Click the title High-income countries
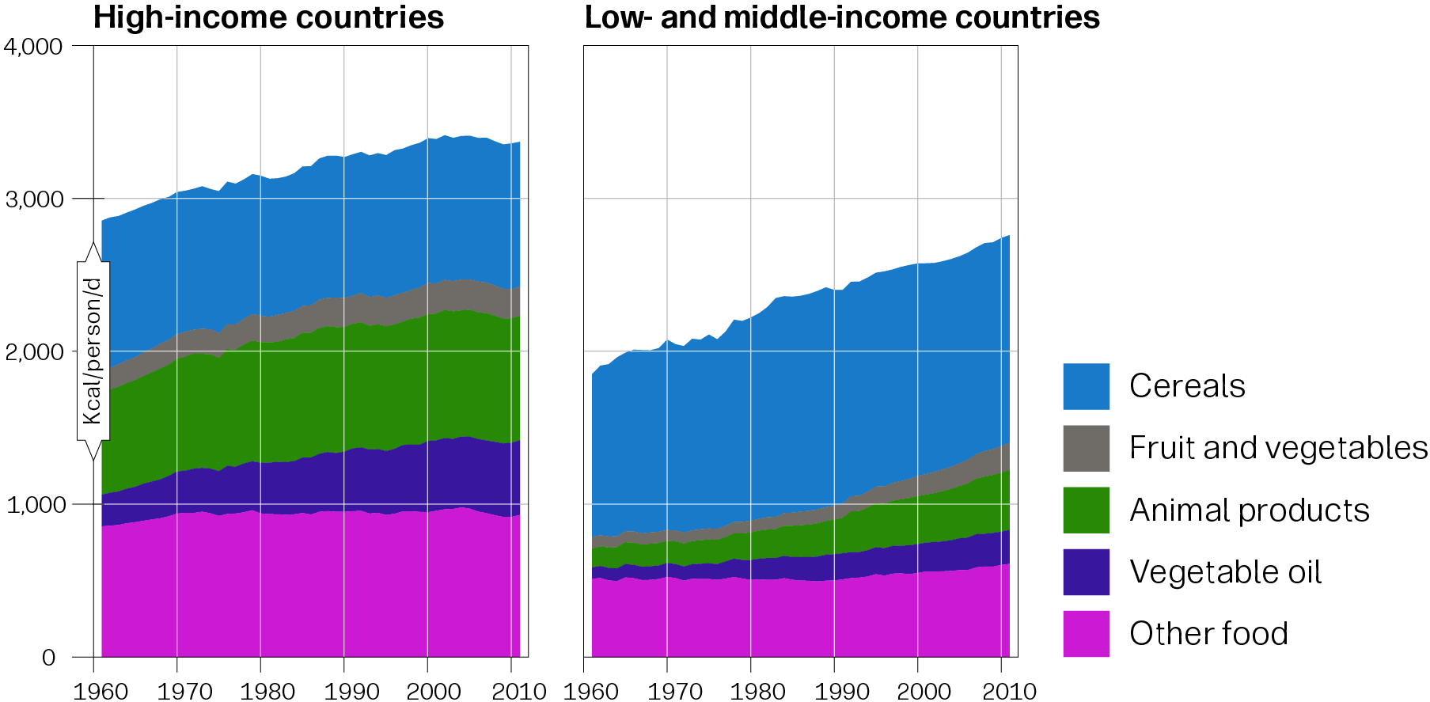click(x=268, y=17)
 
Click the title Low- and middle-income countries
click(x=842, y=17)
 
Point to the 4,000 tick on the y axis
click(x=33, y=46)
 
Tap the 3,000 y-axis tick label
click(x=33, y=199)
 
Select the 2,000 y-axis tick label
click(x=33, y=351)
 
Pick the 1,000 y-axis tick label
click(x=33, y=504)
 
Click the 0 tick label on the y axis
click(x=49, y=657)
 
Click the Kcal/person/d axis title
click(x=93, y=351)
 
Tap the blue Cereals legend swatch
click(x=1086, y=386)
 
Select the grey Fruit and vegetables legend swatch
click(x=1086, y=448)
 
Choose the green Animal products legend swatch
click(x=1086, y=510)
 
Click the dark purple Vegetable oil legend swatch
click(x=1086, y=571)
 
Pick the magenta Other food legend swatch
click(x=1086, y=633)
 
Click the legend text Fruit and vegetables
click(x=1278, y=448)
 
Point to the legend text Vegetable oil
click(x=1225, y=571)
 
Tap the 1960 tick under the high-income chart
click(x=101, y=691)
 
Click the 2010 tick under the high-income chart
click(x=518, y=691)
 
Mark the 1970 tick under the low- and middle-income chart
click(x=673, y=691)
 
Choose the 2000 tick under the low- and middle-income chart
click(x=924, y=691)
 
